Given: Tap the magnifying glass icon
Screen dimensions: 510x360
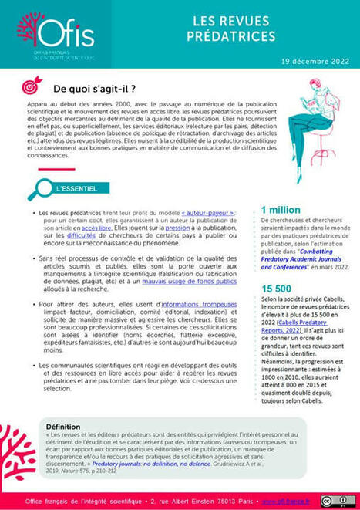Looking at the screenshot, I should tap(35, 187).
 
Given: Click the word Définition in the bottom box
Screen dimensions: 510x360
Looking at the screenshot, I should tap(68, 426).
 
